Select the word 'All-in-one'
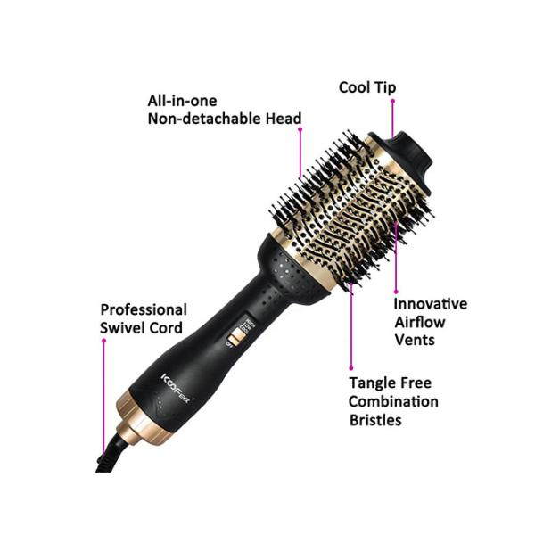[x=181, y=102]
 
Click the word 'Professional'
[x=143, y=310]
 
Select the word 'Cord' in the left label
[x=168, y=328]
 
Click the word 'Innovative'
[x=432, y=304]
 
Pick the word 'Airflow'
[x=420, y=322]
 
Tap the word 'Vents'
[x=415, y=340]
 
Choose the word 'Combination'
[x=393, y=401]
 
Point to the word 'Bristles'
[x=375, y=419]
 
